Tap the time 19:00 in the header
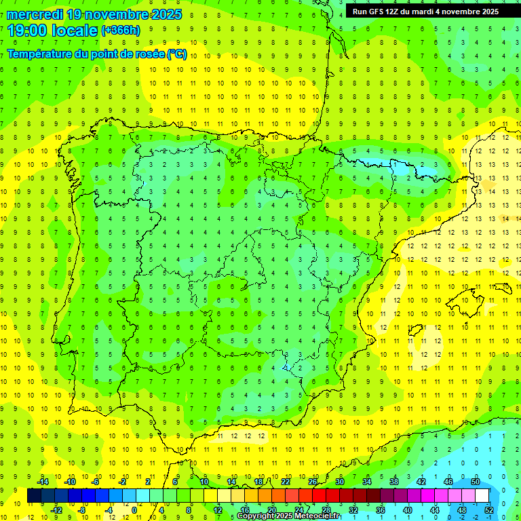pos(27,30)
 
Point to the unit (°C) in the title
pos(178,54)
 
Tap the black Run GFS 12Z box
pos(425,12)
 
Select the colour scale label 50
pos(475,482)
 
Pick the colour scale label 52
pos(488,510)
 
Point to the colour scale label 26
pos(313,482)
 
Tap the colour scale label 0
pos(134,510)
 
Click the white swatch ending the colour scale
pos(482,496)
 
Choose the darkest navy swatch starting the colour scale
pos(34,496)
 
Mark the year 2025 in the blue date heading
pos(162,14)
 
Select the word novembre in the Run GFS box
pos(454,12)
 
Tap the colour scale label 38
pos(394,482)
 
